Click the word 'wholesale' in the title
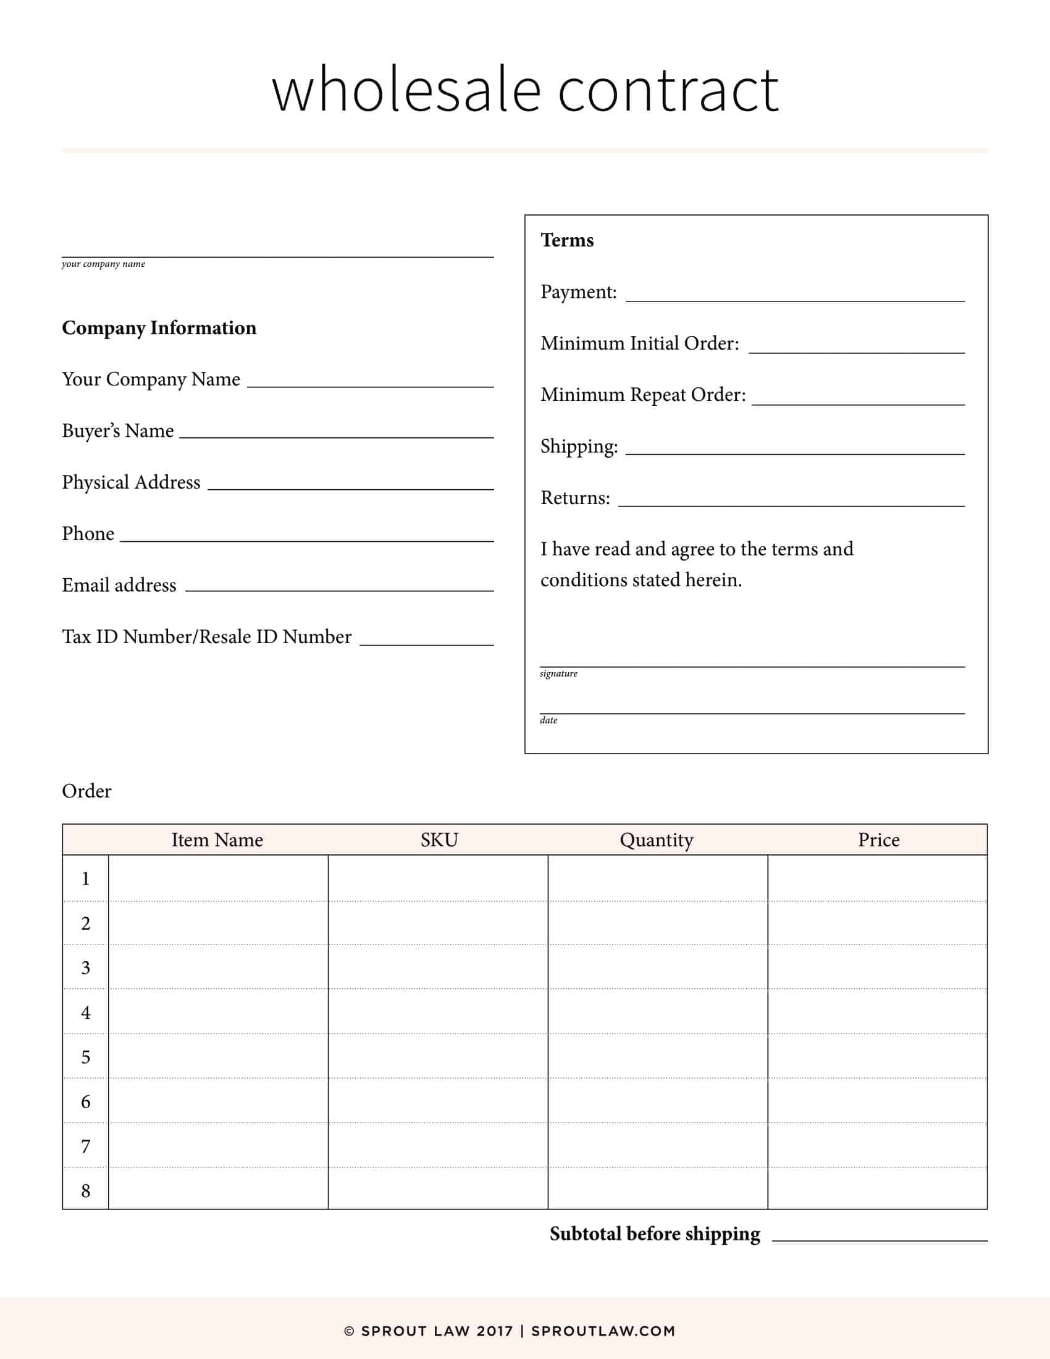(406, 91)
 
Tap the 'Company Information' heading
(159, 328)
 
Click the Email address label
(119, 585)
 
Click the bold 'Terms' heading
(566, 240)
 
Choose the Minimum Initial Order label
(639, 343)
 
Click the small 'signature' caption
(558, 673)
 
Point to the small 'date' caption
(548, 720)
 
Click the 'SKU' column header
(439, 840)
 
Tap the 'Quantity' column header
(656, 840)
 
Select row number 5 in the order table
(86, 1056)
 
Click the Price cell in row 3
(877, 967)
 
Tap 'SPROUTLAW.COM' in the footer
(603, 1331)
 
